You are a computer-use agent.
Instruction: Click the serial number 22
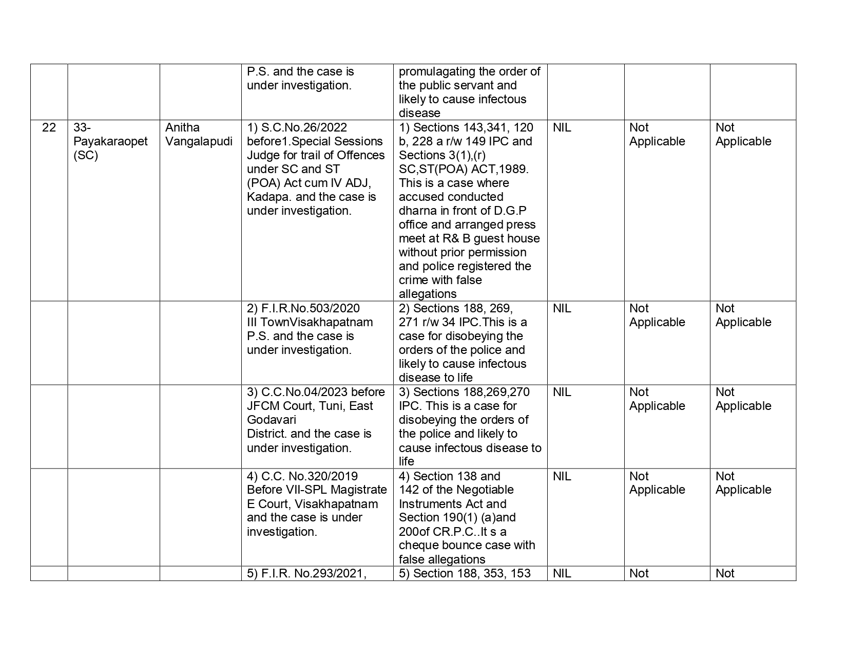pyautogui.click(x=49, y=127)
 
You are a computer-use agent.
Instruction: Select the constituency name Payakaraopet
pyautogui.click(x=110, y=141)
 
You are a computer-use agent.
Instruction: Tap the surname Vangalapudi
pyautogui.click(x=199, y=141)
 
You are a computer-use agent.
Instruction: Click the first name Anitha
pyautogui.click(x=182, y=127)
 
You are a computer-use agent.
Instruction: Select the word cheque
pyautogui.click(x=417, y=545)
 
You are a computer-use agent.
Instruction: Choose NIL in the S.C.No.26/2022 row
pyautogui.click(x=562, y=127)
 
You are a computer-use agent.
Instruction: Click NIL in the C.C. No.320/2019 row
pyautogui.click(x=562, y=476)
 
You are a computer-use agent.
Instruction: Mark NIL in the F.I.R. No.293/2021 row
pyautogui.click(x=562, y=573)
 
